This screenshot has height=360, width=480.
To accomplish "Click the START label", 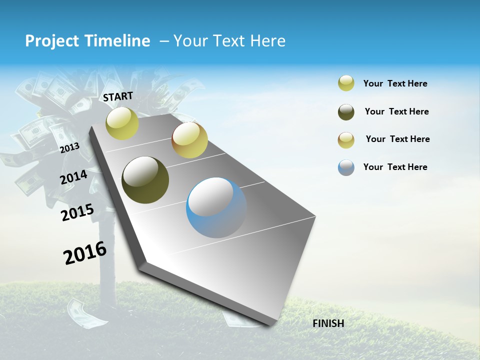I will point(118,96).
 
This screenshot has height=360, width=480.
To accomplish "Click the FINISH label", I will point(328,323).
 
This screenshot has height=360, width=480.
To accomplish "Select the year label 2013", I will point(69,147).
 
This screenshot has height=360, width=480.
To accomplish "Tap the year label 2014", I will point(73,177).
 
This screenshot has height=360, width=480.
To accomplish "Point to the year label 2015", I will point(77,212).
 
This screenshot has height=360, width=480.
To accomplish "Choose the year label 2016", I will point(85,253).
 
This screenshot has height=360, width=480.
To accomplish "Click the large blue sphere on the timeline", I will point(216,207).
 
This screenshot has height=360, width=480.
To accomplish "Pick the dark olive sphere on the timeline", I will point(145,180).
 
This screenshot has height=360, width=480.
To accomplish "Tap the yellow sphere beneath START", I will point(122,123).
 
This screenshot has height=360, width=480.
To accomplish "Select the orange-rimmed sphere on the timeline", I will point(189,140).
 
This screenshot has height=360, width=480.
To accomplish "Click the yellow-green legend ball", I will point(346,83).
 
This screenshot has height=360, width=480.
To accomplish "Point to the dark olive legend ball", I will point(346,112).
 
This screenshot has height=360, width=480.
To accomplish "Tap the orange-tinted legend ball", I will point(346,140).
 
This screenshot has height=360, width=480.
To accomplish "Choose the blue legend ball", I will point(346,167).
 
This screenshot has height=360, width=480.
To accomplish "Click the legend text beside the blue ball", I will point(395,167).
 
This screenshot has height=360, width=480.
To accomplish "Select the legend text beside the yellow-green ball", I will point(395,83).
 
